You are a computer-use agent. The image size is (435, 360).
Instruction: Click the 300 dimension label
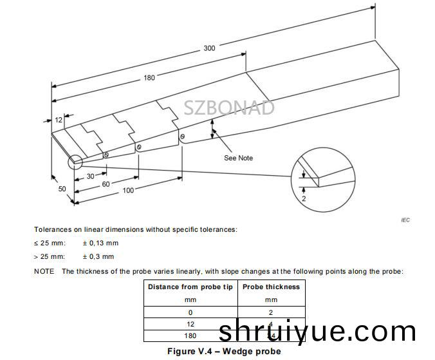click(x=209, y=48)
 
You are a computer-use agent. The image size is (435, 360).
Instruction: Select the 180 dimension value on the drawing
click(x=149, y=78)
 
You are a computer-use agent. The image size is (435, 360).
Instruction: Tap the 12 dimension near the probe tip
click(x=59, y=120)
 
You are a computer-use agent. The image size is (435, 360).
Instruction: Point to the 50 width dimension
click(x=62, y=189)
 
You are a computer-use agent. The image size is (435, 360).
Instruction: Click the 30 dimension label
click(x=91, y=176)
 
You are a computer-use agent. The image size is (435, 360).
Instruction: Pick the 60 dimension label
click(x=106, y=184)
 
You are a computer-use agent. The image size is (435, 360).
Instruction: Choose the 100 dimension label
click(x=129, y=190)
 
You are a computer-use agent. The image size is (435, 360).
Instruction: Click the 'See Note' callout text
click(x=238, y=158)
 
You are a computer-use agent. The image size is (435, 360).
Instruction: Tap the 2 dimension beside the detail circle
click(x=303, y=200)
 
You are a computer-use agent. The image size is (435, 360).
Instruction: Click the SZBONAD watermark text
click(x=229, y=108)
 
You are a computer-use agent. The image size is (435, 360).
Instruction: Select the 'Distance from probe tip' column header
click(x=190, y=287)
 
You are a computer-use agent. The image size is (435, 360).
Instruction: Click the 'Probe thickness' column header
click(x=271, y=287)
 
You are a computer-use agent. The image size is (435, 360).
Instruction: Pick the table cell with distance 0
click(x=190, y=312)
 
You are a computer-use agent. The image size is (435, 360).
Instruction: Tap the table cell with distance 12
click(x=190, y=324)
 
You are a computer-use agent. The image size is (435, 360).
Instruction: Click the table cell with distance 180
click(x=190, y=336)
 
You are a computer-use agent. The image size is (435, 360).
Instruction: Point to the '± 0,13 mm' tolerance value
click(x=100, y=243)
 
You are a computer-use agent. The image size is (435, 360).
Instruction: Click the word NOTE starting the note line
click(x=44, y=271)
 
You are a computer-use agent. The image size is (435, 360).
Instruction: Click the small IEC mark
click(x=405, y=220)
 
